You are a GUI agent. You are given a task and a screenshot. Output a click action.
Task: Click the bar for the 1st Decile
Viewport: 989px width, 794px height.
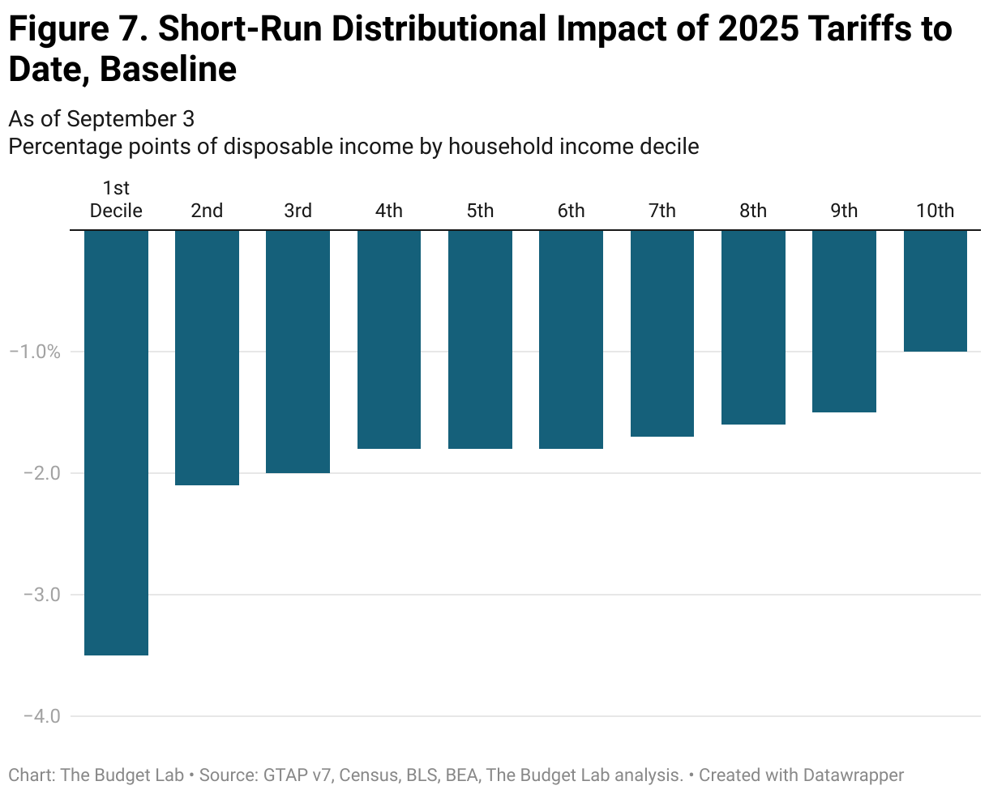click(x=116, y=442)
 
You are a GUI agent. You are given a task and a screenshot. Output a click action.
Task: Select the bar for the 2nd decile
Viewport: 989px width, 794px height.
click(x=207, y=357)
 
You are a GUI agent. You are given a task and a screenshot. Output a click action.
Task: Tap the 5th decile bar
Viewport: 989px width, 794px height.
click(x=480, y=339)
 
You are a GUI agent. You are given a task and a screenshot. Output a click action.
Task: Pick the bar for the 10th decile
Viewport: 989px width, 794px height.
click(x=935, y=291)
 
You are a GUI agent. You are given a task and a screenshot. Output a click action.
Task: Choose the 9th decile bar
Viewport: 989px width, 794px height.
click(x=844, y=321)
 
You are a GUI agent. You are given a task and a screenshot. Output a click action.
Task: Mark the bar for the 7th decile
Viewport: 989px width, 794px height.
click(x=661, y=333)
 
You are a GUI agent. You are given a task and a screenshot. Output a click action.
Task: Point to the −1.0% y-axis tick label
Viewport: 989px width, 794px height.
click(x=34, y=352)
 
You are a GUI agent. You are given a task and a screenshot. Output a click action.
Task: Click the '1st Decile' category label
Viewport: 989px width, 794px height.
click(x=116, y=200)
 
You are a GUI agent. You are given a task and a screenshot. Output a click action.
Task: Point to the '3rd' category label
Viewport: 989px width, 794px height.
click(x=298, y=211)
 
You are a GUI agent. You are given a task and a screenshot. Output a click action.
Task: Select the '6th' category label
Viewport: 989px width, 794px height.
click(x=571, y=211)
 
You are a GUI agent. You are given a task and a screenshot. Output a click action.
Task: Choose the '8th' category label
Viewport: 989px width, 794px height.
click(x=752, y=211)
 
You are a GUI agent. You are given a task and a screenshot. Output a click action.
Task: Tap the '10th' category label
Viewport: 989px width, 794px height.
click(x=935, y=211)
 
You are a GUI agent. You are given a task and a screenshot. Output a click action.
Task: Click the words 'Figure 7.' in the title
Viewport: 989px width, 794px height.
click(x=76, y=31)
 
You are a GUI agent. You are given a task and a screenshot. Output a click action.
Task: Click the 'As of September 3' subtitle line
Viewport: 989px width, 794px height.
click(x=101, y=119)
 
